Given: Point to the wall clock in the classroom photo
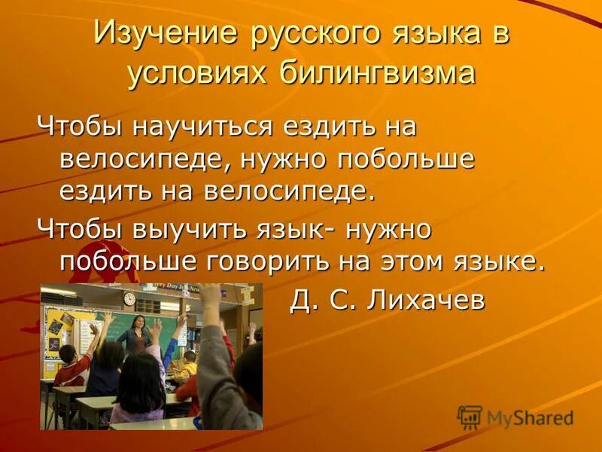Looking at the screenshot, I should (x=129, y=299).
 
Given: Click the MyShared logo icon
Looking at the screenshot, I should (x=470, y=417).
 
